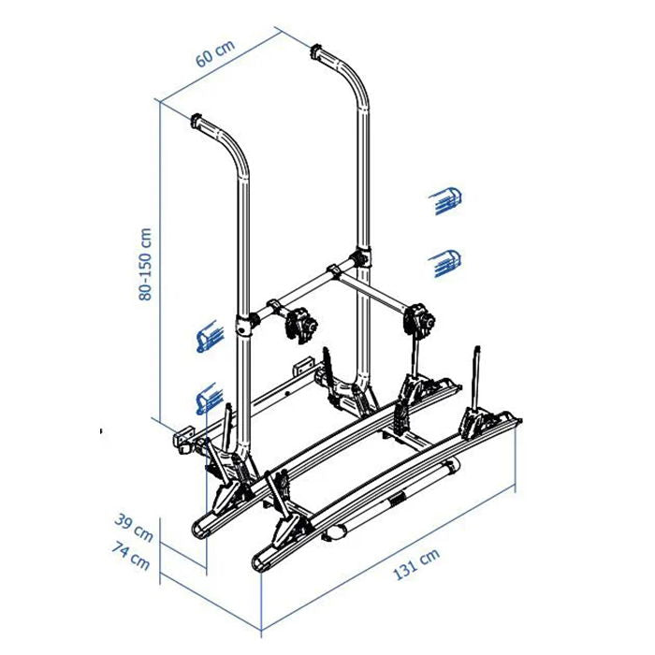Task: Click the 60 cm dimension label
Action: (x=215, y=53)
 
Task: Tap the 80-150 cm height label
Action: (x=145, y=264)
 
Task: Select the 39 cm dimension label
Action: (x=134, y=528)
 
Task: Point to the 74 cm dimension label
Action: (x=131, y=556)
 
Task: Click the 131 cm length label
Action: (x=416, y=564)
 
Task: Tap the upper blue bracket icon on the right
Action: (x=445, y=201)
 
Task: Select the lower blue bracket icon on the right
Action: (x=444, y=263)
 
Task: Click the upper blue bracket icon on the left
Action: (x=210, y=335)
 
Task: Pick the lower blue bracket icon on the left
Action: (x=210, y=398)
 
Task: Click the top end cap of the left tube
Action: (x=196, y=121)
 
